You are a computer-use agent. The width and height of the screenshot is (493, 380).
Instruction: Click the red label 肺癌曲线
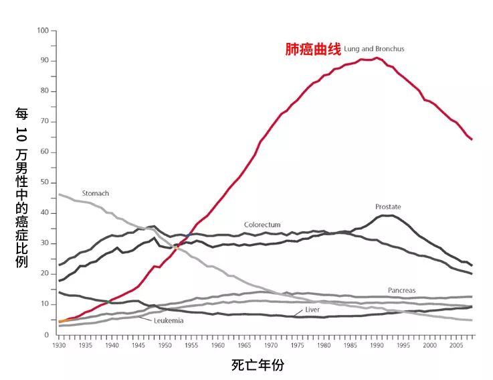(313, 50)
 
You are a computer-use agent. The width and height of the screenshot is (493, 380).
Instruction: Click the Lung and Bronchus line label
(374, 49)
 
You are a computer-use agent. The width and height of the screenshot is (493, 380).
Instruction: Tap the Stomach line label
(95, 193)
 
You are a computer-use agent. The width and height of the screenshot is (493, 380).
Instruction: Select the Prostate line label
(388, 206)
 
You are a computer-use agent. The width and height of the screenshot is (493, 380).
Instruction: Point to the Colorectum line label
(262, 225)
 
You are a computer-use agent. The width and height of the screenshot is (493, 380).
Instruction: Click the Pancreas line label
(401, 290)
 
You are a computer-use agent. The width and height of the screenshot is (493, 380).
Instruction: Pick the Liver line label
(312, 310)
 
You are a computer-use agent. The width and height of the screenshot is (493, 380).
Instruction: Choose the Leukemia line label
(168, 321)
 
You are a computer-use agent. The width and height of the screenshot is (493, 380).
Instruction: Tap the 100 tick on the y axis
(43, 31)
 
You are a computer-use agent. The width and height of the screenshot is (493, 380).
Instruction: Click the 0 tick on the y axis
(47, 334)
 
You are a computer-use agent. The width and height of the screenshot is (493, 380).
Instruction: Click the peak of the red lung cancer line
(377, 58)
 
